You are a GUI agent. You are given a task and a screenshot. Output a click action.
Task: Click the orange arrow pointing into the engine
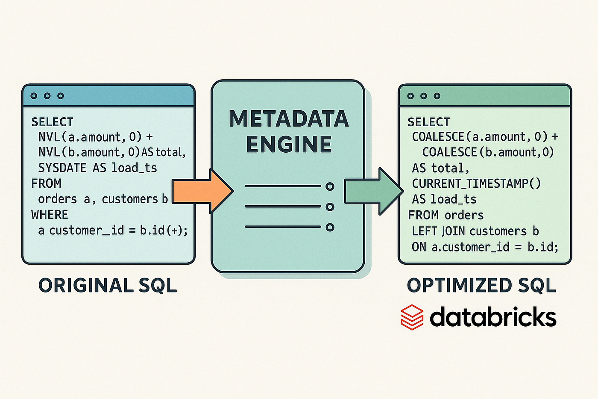201,191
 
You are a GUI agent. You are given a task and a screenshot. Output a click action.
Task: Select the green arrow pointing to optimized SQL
372,191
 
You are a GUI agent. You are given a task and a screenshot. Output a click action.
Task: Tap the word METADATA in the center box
289,119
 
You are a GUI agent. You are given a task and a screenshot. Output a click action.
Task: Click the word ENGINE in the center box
289,144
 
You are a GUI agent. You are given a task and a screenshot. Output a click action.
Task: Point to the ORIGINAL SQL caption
108,286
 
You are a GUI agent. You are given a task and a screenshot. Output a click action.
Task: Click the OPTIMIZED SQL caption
481,286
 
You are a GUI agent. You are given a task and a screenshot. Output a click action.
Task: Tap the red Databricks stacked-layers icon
412,317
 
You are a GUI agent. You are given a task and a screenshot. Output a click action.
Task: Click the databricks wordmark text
493,317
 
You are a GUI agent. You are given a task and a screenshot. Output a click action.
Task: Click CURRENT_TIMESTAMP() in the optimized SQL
476,183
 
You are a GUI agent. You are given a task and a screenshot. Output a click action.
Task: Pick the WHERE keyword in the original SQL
50,215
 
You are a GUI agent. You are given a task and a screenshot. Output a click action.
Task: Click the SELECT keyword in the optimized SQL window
428,122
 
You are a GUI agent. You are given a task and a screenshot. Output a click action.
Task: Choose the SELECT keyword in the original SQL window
52,122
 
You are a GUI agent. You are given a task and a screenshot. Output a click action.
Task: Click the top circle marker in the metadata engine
330,186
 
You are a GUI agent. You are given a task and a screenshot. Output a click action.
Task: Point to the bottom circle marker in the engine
330,227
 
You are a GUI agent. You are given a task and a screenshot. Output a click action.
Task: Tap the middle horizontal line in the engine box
282,207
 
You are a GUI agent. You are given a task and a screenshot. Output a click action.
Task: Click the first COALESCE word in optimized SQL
438,137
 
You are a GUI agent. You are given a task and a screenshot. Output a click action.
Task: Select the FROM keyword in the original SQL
46,183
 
